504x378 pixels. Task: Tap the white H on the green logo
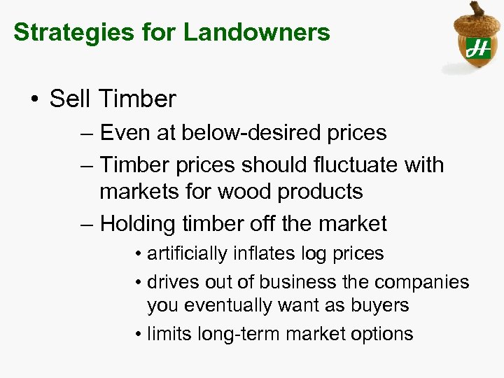click(x=478, y=48)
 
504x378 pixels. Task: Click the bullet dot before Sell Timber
click(x=35, y=99)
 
